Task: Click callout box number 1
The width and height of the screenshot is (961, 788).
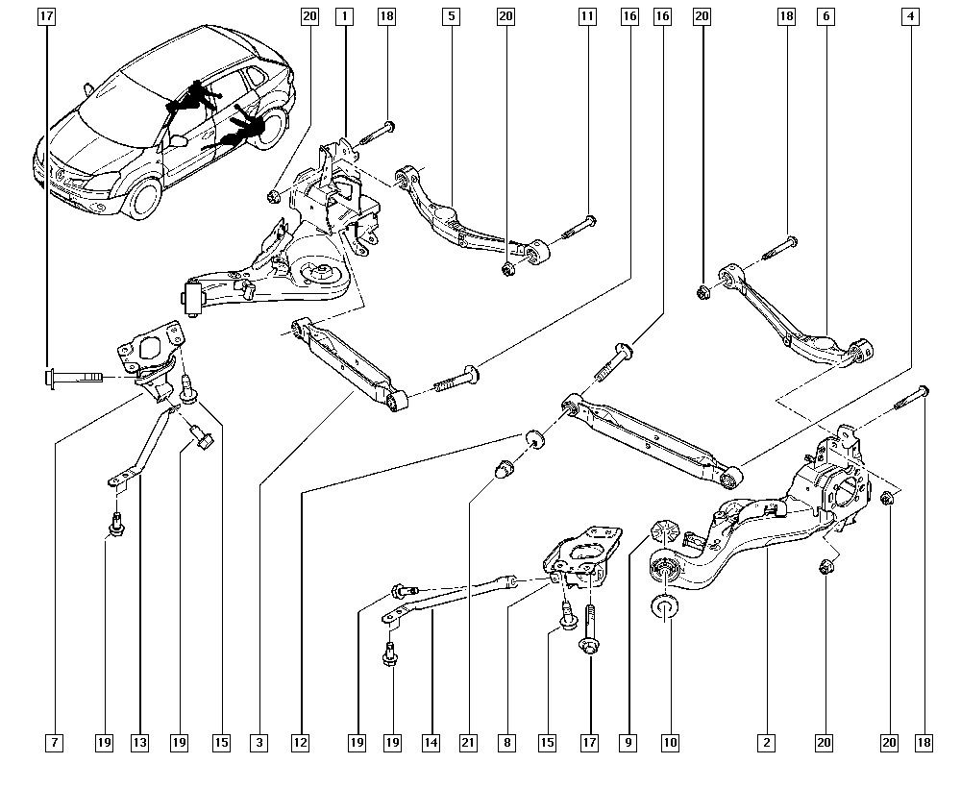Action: point(344,16)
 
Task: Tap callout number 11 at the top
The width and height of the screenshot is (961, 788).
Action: point(587,16)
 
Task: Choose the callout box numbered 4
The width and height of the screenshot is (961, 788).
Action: point(908,16)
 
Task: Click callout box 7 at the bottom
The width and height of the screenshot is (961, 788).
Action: point(55,743)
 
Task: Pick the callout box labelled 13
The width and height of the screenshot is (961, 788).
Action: point(140,743)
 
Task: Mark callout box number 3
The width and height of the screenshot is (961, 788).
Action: point(259,743)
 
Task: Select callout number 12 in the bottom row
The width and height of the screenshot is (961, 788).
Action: point(301,743)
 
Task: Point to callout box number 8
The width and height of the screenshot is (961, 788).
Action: point(506,743)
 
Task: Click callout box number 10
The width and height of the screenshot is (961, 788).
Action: point(670,743)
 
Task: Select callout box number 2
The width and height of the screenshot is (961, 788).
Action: point(766,743)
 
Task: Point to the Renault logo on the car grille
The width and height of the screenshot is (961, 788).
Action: point(55,173)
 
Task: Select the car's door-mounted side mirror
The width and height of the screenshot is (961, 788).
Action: point(179,140)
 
